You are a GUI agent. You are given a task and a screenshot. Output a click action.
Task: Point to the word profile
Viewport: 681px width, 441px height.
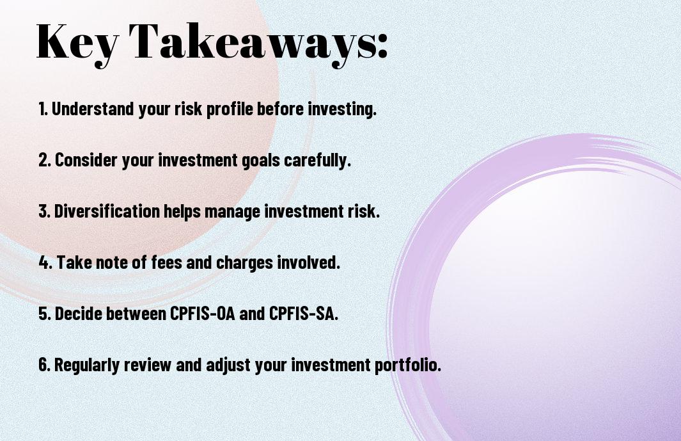[230, 109]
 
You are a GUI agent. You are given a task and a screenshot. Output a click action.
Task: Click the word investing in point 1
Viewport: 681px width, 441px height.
[342, 109]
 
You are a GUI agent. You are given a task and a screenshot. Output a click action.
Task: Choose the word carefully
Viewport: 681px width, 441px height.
[317, 161]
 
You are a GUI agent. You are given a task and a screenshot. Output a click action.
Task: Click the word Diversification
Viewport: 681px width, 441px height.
[107, 211]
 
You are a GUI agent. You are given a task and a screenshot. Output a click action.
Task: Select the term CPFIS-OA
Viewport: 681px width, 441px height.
[202, 313]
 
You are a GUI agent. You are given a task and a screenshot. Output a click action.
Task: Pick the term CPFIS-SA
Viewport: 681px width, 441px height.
[302, 313]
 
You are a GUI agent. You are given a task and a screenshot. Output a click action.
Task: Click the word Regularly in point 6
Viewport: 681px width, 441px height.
[87, 365]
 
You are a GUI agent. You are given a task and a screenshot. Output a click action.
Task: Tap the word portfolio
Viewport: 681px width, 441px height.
[408, 365]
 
